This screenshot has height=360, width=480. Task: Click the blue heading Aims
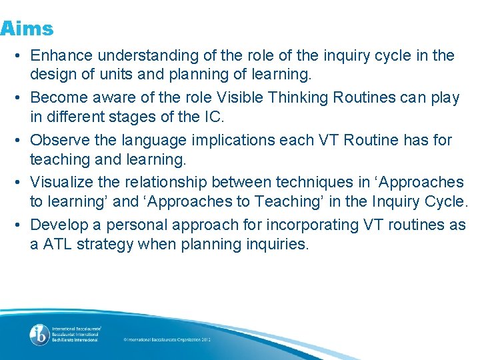click(27, 29)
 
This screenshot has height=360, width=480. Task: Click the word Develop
click(59, 224)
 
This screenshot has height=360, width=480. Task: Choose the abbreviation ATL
click(57, 245)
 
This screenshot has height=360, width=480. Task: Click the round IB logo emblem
click(39, 335)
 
